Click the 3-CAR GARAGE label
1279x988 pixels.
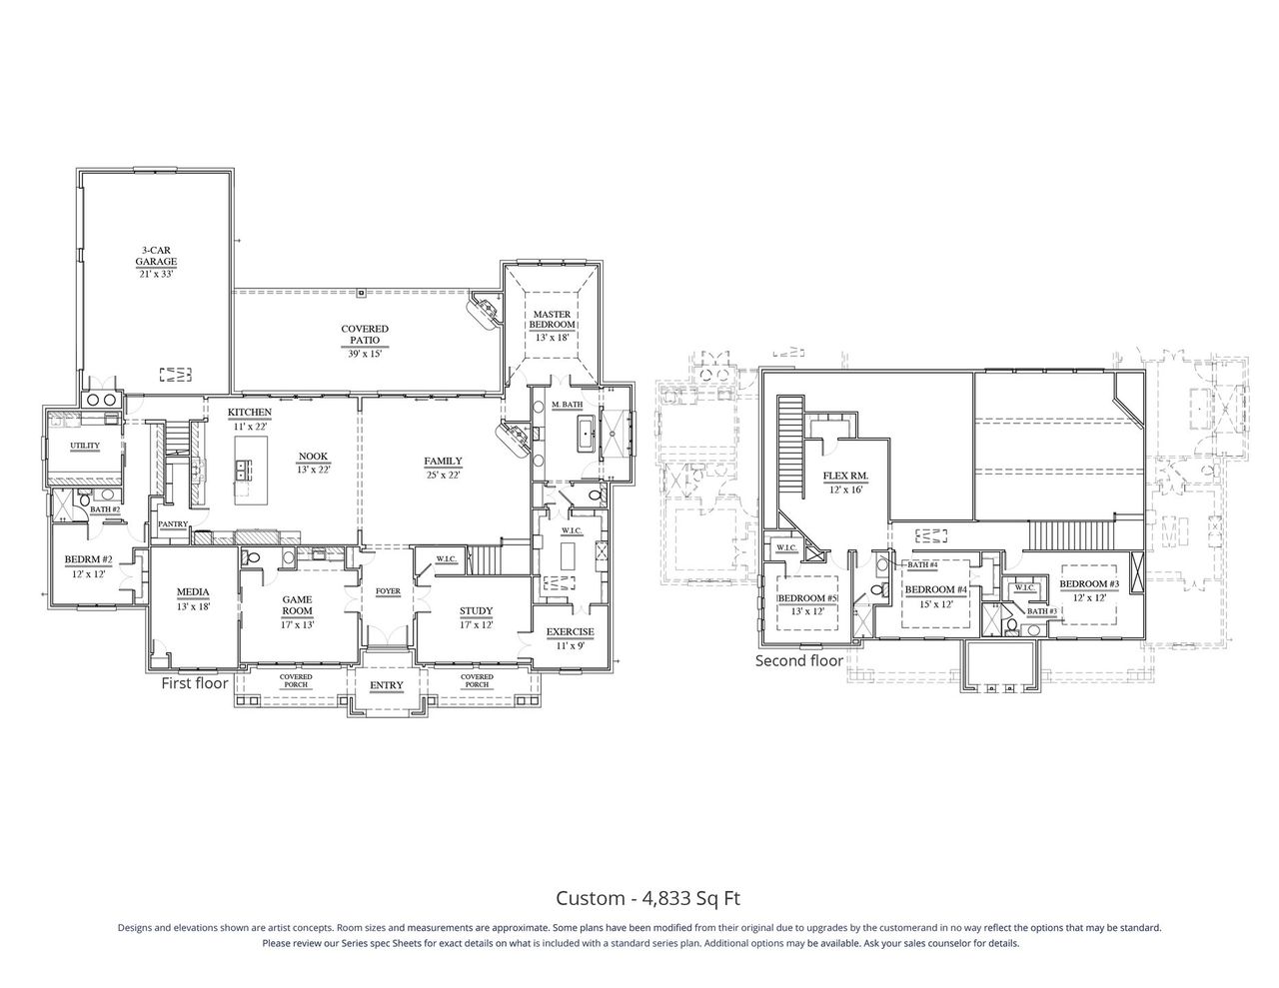157,257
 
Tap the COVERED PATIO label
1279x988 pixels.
365,335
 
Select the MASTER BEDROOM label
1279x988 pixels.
552,320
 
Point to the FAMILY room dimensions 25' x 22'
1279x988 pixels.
442,475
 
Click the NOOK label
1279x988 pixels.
313,457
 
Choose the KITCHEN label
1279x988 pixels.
250,413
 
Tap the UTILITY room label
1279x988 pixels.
84,446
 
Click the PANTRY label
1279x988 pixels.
173,523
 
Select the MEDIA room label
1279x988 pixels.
192,591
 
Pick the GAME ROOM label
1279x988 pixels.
297,605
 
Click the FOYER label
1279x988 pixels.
388,591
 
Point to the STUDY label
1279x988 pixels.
476,611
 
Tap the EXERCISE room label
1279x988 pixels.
570,631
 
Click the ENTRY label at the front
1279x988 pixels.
387,685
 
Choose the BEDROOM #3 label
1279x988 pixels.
1089,583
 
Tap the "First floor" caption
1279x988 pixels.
196,684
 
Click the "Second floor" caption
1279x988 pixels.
798,660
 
